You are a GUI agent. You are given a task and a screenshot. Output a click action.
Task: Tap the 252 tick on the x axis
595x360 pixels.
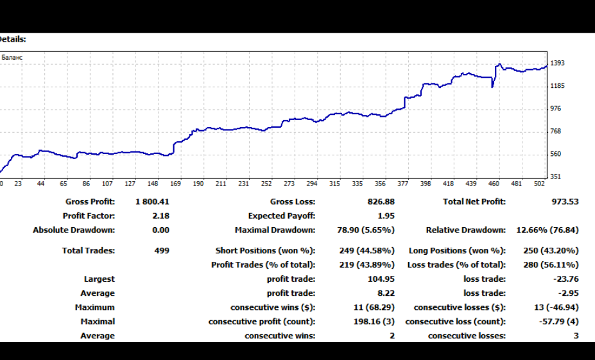(266, 184)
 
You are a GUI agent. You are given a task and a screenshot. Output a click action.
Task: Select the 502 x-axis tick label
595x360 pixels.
(539, 184)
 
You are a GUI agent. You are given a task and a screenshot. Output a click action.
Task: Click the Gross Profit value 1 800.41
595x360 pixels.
(152, 201)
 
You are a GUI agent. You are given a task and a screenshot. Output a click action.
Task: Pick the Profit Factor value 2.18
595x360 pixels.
(160, 216)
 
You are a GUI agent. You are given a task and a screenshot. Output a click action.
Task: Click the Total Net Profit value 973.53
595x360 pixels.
(565, 201)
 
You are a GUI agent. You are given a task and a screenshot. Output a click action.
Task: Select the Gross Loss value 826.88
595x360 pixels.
(381, 201)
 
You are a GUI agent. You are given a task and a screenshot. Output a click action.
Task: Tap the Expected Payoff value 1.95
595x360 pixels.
(386, 216)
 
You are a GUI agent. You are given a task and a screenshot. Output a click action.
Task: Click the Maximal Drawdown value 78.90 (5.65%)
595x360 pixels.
(366, 230)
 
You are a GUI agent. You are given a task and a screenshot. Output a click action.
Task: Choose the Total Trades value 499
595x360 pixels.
(162, 250)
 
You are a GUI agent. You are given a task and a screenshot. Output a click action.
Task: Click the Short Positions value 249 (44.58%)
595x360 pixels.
(366, 250)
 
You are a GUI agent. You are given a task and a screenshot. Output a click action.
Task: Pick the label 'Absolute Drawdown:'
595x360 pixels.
(74, 230)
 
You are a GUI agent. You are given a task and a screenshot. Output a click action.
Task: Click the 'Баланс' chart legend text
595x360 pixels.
(12, 58)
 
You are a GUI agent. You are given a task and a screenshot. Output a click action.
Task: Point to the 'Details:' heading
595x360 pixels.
(12, 39)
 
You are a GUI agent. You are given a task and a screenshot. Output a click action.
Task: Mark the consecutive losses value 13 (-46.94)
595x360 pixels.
(556, 307)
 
